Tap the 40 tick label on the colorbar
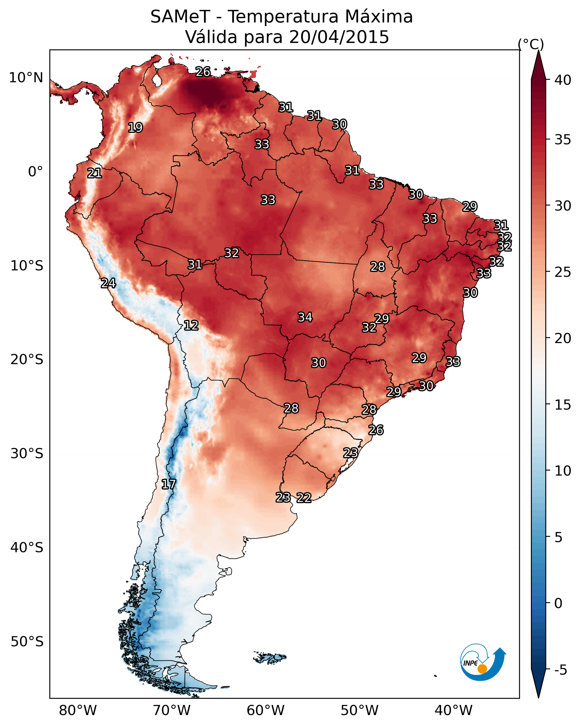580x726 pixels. tap(563, 80)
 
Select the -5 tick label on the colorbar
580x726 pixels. tap(561, 670)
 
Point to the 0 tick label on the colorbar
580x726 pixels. tap(558, 603)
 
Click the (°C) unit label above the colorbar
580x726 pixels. tap(531, 44)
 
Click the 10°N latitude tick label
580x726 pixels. tap(26, 78)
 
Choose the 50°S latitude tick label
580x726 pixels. tap(27, 642)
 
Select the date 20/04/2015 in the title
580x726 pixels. tap(339, 37)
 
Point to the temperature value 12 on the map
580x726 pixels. tap(191, 325)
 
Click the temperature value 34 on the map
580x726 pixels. tap(305, 317)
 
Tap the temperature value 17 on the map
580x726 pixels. tap(169, 485)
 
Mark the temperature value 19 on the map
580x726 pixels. tap(135, 128)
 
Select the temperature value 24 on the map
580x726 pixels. tap(108, 283)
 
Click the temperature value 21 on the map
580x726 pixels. tap(95, 173)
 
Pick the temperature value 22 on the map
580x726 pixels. tap(304, 498)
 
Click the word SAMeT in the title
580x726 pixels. tap(180, 17)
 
